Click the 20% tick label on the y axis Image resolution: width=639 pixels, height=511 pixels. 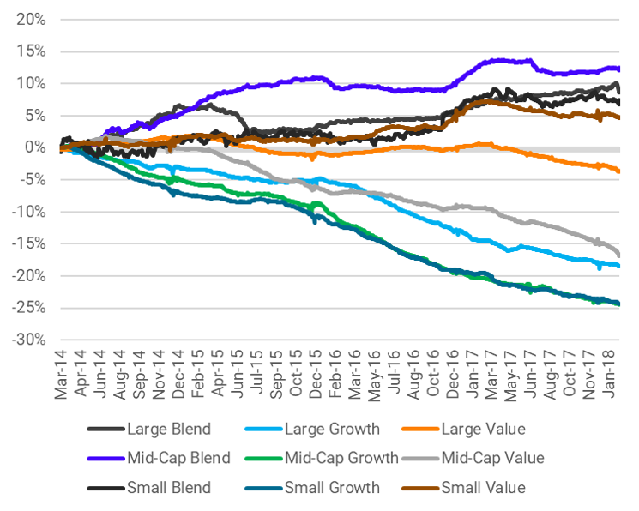point(29,19)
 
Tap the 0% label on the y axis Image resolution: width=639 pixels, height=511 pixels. point(34,147)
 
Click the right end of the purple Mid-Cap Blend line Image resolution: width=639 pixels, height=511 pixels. point(619,69)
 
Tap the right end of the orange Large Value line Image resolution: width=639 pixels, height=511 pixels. point(619,171)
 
